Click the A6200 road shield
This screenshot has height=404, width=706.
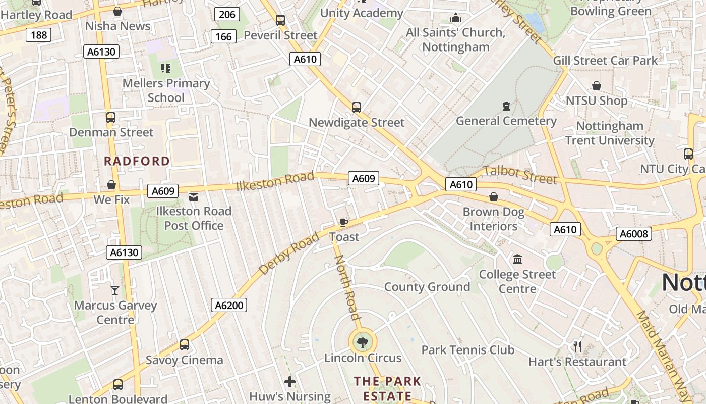coord(228,305)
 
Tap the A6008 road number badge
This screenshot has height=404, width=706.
coord(633,234)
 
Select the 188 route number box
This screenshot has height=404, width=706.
coord(38,35)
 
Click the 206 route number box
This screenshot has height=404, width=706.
coord(227,14)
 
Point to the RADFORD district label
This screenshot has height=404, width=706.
coord(137,161)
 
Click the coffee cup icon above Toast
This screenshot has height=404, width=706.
coord(343,222)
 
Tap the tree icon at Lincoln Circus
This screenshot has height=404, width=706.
coord(362,342)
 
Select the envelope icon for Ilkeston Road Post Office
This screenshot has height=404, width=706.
coord(194,196)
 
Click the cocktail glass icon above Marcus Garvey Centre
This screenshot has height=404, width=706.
coord(115,290)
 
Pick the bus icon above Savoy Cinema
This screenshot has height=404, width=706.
coord(185,345)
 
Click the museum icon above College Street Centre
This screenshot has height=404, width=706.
coord(517,260)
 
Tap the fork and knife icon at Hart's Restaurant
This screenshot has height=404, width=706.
coord(577,346)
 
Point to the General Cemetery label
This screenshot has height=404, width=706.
coord(506,121)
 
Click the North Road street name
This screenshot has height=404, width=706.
coord(347,287)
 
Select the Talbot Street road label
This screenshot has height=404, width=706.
coord(520,175)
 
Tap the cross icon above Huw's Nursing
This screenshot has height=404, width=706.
coord(290,382)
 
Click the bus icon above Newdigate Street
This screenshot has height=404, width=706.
coord(357,107)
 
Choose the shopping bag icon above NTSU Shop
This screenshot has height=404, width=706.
coord(597,86)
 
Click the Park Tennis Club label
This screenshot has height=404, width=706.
coord(467,350)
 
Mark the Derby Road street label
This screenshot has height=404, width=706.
coord(289,254)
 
